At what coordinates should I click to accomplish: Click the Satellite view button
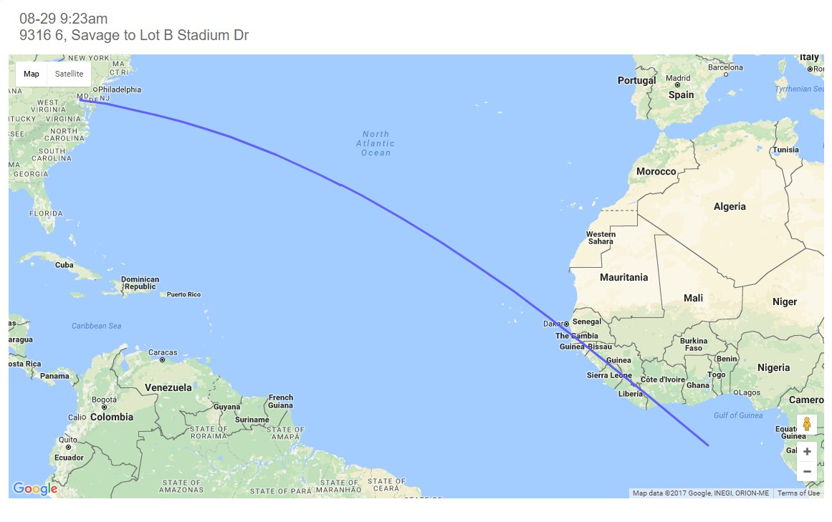click(69, 74)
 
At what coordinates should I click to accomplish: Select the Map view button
click(32, 74)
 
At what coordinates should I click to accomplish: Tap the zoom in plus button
click(807, 451)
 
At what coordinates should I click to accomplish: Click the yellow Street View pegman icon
click(807, 424)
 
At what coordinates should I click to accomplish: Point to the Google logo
click(35, 489)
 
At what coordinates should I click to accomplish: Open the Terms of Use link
click(798, 493)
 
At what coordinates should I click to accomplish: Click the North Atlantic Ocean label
click(376, 143)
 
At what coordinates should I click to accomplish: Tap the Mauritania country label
click(623, 277)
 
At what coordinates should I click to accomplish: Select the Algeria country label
click(730, 206)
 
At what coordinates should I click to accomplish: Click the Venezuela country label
click(168, 387)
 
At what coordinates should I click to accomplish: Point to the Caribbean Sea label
click(97, 326)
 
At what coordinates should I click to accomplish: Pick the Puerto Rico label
click(184, 294)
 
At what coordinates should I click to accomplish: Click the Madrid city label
click(678, 79)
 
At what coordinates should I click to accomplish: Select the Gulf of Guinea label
click(737, 415)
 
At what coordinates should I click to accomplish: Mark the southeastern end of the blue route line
click(708, 445)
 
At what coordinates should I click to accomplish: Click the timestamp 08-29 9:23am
click(64, 19)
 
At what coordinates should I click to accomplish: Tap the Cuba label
click(64, 264)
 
